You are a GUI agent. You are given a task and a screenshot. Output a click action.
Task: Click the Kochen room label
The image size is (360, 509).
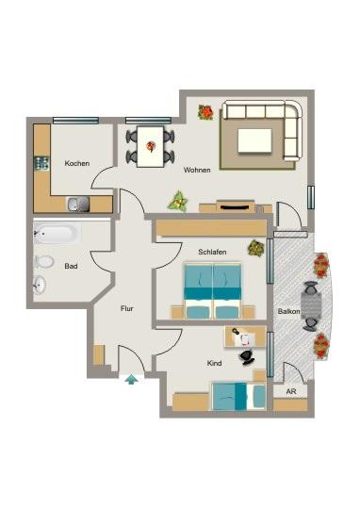77,163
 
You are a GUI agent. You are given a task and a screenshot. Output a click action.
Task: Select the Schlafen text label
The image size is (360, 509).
213,252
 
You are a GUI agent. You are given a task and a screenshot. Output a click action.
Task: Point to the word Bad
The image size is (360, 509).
71,266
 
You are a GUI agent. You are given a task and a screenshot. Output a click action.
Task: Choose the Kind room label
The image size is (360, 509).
214,362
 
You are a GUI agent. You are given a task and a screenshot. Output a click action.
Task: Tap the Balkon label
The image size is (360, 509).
289,310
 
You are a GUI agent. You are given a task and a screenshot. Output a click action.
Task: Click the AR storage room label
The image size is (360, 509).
289,390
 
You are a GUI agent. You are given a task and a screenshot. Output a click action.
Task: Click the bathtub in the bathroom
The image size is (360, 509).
57,233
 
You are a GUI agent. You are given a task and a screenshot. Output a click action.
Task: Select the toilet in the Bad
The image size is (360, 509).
43,261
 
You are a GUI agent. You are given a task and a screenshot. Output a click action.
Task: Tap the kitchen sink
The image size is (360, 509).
76,203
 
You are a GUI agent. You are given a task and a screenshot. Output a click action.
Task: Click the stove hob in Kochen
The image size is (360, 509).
41,162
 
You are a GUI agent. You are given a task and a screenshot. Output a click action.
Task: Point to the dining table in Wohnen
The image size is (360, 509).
151,145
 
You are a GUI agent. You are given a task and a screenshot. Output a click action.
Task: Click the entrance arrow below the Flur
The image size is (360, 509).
130,379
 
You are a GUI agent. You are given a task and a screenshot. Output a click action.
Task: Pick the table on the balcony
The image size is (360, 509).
312,304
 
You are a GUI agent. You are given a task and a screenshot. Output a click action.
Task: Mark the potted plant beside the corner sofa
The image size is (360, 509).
205,112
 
